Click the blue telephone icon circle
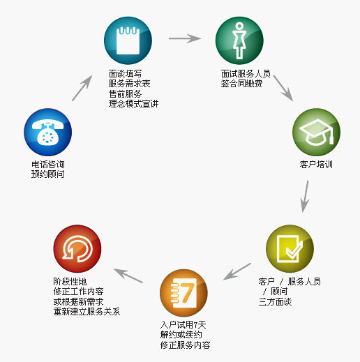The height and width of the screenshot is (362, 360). click(x=48, y=132)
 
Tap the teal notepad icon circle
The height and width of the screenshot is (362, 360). click(x=128, y=40)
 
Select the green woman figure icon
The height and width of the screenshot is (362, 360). click(x=239, y=40)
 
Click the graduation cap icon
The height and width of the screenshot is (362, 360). click(x=316, y=132)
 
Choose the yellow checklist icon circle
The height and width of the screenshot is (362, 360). click(x=290, y=248)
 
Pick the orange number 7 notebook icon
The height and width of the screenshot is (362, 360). click(x=183, y=293)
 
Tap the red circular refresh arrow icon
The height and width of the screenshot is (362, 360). click(x=77, y=248)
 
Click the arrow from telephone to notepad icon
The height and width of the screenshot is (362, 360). click(x=82, y=88)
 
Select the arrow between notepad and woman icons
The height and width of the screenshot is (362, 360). click(x=185, y=38)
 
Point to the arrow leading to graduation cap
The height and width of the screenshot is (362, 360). click(x=283, y=88)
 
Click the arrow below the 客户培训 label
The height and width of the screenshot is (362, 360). click(x=305, y=197)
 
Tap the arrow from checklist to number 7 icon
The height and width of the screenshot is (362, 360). click(x=237, y=271)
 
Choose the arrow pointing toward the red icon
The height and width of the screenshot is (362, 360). click(x=128, y=276)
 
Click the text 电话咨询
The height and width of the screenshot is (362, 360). click(x=48, y=165)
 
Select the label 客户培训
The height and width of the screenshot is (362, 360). click(x=316, y=165)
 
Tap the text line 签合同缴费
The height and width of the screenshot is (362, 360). click(x=241, y=84)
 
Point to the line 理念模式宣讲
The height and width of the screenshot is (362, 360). click(x=133, y=104)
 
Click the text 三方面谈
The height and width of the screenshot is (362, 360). click(x=275, y=302)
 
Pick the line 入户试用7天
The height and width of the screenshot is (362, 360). click(x=183, y=324)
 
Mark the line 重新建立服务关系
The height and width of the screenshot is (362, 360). click(x=87, y=312)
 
